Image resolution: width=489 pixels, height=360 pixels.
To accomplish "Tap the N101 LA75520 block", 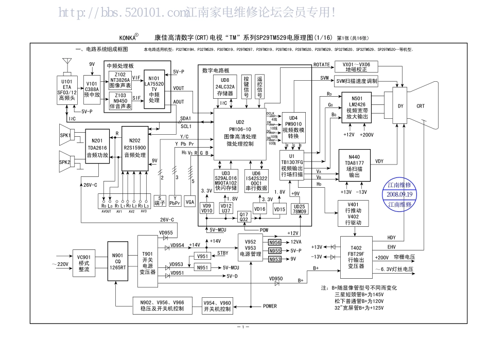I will tap(154, 89).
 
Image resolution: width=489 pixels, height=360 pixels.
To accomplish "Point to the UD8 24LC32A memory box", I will tap(225, 87).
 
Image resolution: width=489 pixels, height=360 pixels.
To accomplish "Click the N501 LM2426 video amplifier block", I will tap(356, 107).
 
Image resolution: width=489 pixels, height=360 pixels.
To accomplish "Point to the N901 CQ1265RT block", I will tap(117, 261).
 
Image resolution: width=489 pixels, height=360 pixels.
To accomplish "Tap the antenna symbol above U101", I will tap(66, 64).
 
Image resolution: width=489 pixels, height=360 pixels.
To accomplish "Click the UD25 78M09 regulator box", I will tap(299, 209).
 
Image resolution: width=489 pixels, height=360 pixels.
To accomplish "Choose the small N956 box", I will tap(275, 242).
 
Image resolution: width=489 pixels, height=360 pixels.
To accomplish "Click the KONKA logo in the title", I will tap(129, 38).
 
